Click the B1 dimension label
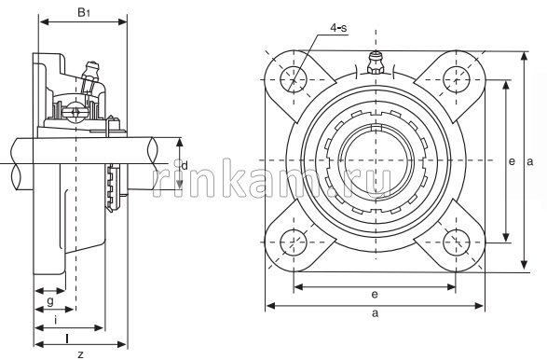coord(84,13)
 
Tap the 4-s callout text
coord(339,28)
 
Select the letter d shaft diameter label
coord(185,165)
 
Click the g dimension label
coord(50,300)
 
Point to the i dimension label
coord(56,320)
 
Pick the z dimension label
coord(80,354)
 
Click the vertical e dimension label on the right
coord(512,161)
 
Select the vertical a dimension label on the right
coord(530,161)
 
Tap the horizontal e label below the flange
coord(375,295)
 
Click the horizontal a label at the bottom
coord(375,312)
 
